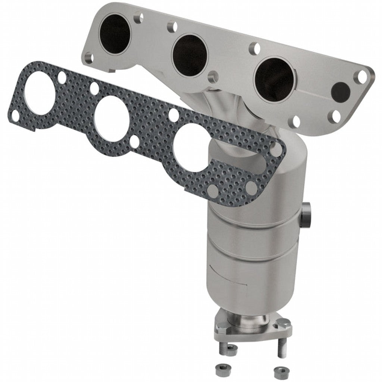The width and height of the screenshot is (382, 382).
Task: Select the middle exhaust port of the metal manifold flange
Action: pos(190,55)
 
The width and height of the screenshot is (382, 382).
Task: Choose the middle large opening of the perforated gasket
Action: pos(112,119)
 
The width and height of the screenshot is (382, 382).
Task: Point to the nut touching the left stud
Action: pos(231,350)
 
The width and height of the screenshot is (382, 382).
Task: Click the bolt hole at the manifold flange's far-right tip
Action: pos(361,77)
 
